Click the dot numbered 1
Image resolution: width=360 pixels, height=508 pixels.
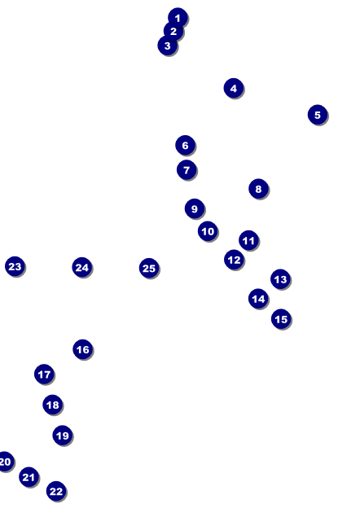[x=178, y=17]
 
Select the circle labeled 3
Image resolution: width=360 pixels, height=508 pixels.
[x=168, y=46]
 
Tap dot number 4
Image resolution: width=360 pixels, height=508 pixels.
[x=234, y=88]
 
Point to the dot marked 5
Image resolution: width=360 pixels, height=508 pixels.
[x=318, y=115]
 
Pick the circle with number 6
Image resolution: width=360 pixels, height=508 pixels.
[x=186, y=145]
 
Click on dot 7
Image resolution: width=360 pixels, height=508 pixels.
[x=187, y=170]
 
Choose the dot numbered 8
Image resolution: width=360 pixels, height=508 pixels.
[x=258, y=189]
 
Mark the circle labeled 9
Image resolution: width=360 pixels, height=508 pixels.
[x=195, y=208]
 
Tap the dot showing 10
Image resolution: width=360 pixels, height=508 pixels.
[x=208, y=231]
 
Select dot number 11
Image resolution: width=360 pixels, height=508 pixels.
[x=248, y=240]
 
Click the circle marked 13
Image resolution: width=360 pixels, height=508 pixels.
[x=281, y=279]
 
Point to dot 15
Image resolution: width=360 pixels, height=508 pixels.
[x=281, y=319]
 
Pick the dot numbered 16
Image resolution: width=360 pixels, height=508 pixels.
[x=83, y=349]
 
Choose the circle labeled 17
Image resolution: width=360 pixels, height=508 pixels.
[x=44, y=374]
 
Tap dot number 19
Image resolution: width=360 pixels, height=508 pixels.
[x=63, y=436]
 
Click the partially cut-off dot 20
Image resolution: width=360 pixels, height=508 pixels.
[x=5, y=462]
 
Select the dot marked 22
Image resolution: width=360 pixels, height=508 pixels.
[x=56, y=491]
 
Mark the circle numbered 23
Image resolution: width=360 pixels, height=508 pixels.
[x=15, y=266]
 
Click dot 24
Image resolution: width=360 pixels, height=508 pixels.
[x=82, y=267]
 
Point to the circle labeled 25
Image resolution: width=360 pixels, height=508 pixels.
[x=149, y=269]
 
